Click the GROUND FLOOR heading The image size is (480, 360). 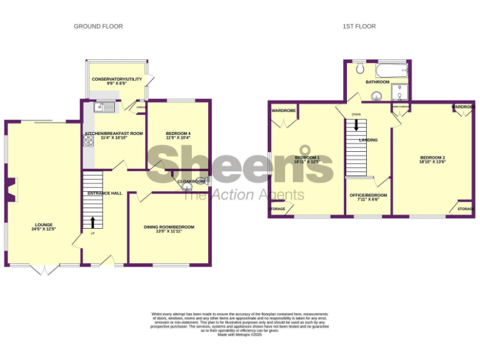(98, 26)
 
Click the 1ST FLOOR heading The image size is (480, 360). (359, 26)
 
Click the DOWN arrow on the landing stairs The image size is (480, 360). (356, 124)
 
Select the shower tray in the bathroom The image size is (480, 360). (400, 92)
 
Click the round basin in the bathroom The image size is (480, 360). (376, 96)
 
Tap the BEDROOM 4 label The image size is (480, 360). (178, 134)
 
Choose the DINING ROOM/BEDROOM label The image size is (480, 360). (169, 227)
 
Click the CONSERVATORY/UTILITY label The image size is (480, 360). (117, 79)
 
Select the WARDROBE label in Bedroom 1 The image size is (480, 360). (283, 111)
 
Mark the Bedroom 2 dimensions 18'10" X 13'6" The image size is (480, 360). (432, 161)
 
